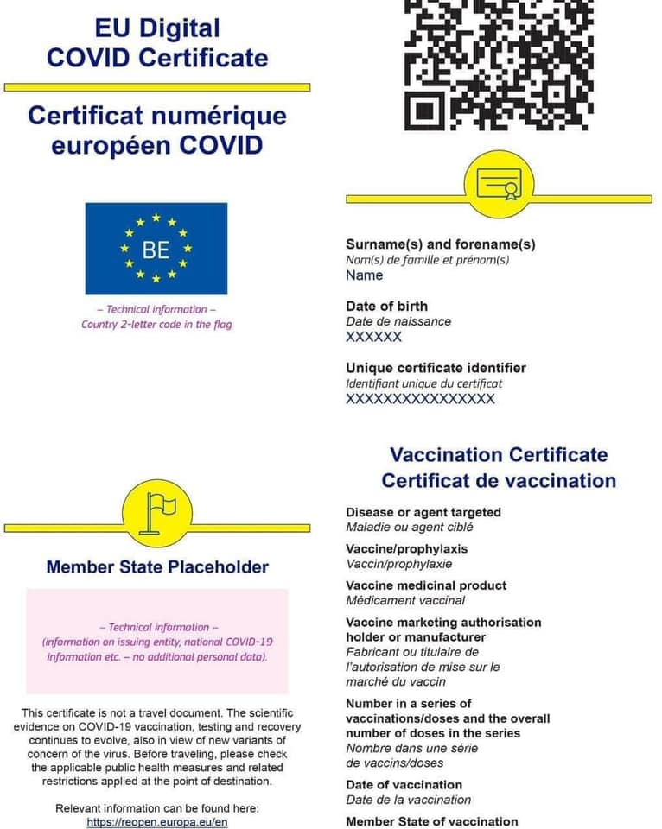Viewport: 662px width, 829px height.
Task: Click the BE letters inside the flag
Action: [156, 250]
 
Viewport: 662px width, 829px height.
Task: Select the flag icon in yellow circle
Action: [157, 513]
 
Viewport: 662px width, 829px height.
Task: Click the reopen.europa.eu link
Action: [157, 822]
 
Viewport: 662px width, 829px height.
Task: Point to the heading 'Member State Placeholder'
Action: [157, 567]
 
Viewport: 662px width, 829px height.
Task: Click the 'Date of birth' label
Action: [386, 306]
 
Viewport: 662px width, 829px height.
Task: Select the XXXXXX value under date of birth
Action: [373, 337]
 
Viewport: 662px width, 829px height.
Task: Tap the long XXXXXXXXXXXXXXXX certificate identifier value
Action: [420, 399]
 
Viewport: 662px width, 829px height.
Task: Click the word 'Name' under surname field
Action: [364, 275]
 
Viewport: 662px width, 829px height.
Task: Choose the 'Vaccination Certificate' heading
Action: [499, 455]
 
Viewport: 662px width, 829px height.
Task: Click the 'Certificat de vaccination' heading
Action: [499, 481]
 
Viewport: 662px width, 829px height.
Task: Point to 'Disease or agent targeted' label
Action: [423, 512]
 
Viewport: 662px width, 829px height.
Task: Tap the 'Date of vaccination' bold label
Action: [404, 784]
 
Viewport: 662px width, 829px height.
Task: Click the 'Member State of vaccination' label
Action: [431, 820]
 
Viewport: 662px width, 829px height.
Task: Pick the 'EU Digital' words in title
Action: [157, 28]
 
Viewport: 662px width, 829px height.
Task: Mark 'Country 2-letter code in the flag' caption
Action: [156, 325]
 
